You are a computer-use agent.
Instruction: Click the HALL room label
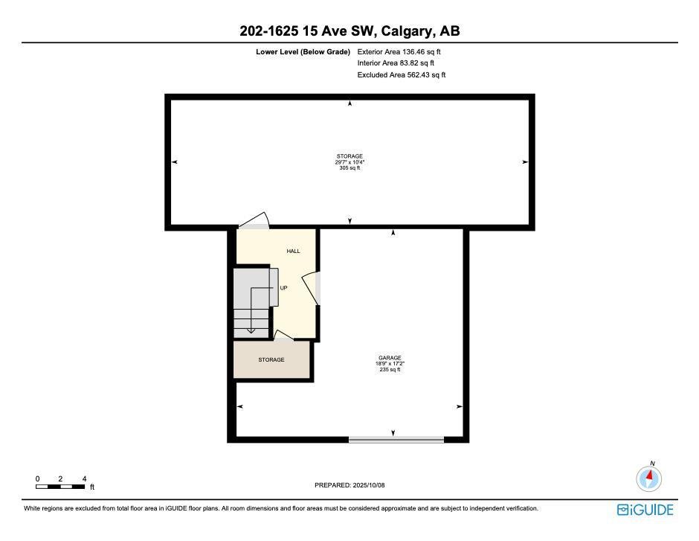(x=293, y=251)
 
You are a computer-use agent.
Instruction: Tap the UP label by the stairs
(x=283, y=288)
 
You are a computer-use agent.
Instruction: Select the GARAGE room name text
(x=390, y=358)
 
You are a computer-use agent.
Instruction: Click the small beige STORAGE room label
(x=271, y=359)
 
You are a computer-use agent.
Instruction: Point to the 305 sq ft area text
(x=349, y=168)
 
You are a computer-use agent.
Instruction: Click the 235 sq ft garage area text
(x=390, y=369)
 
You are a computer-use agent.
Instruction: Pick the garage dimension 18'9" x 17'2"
(x=390, y=363)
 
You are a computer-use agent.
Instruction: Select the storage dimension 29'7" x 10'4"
(x=349, y=162)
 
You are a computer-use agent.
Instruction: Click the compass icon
(x=648, y=478)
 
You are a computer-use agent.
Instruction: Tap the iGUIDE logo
(x=645, y=510)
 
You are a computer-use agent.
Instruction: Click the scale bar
(x=60, y=487)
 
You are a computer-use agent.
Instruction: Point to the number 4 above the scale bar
(x=84, y=479)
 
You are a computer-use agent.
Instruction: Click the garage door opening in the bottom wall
(x=396, y=440)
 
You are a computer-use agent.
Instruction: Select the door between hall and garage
(x=312, y=288)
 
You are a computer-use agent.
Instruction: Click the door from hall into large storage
(x=254, y=221)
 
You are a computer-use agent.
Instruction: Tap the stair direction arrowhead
(x=251, y=330)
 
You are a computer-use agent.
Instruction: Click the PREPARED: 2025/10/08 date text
(x=349, y=485)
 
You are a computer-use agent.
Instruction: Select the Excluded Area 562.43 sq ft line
(x=402, y=75)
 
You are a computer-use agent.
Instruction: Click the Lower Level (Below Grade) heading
(x=303, y=52)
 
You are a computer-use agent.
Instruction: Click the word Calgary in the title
(x=408, y=31)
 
